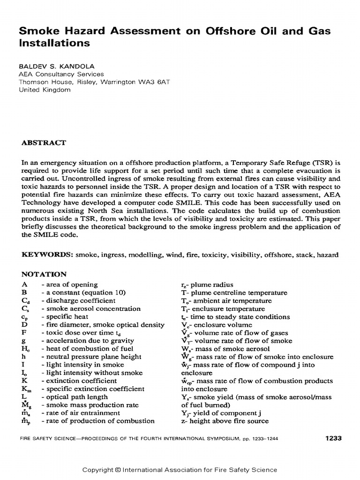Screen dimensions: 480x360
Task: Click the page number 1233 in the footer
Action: tap(333, 438)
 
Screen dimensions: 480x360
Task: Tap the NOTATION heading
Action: tap(44, 274)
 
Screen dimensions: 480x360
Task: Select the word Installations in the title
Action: tap(54, 43)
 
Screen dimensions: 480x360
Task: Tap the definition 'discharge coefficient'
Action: tap(80, 300)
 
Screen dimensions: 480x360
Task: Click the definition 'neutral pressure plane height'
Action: tap(91, 357)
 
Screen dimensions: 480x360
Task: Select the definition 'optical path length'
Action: tap(76, 397)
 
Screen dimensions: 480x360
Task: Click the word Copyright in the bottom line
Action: tap(97, 470)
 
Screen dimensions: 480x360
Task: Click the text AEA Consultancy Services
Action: tap(61, 74)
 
